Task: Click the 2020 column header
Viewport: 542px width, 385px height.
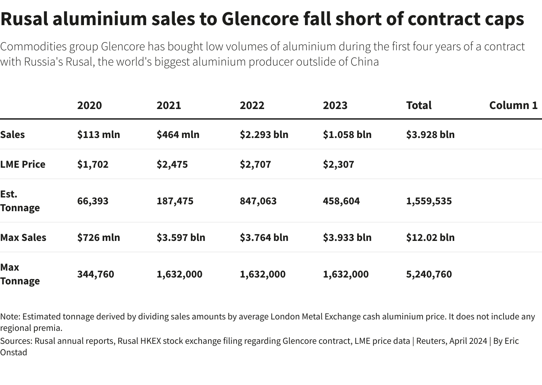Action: click(89, 105)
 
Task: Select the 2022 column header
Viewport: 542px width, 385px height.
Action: click(252, 105)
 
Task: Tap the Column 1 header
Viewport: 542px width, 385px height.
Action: click(513, 105)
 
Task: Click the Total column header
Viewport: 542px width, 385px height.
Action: click(419, 105)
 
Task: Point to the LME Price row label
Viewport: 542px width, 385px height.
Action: click(23, 164)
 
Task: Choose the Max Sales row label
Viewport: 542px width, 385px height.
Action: click(23, 237)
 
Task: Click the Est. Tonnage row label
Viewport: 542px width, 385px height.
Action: click(20, 201)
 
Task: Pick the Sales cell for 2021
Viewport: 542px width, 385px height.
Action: click(178, 135)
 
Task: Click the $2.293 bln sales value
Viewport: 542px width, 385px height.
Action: click(264, 135)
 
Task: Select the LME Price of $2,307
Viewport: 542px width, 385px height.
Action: click(338, 164)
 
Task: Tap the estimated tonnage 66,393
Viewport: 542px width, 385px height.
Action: click(93, 201)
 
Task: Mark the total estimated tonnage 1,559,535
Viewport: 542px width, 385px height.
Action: click(429, 201)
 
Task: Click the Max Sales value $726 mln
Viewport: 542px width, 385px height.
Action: click(98, 237)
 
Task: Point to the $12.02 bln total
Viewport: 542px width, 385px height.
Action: click(430, 237)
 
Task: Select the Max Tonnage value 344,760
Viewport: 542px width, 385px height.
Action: click(95, 274)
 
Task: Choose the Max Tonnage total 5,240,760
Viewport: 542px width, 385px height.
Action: click(429, 274)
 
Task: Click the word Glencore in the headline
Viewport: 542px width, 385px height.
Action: click(260, 19)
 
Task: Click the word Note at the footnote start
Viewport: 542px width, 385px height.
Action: click(10, 316)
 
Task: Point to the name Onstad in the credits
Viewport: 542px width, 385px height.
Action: click(14, 352)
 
